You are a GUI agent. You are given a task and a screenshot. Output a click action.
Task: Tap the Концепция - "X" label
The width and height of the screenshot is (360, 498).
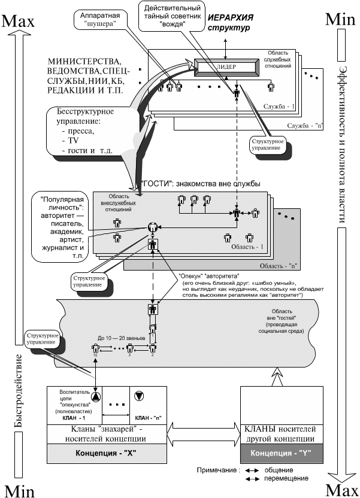(x=107, y=453)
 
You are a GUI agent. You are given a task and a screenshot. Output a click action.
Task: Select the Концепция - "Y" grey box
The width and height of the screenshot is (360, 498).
(x=281, y=453)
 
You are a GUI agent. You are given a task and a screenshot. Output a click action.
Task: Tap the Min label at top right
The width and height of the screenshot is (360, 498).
(x=341, y=19)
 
